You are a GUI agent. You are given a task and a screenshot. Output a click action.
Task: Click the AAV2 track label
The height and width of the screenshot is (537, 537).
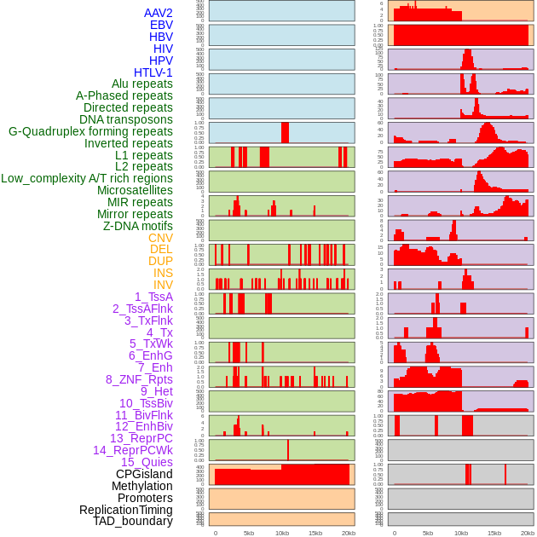click(158, 13)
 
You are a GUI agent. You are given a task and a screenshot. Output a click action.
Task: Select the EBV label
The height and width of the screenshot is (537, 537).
click(160, 25)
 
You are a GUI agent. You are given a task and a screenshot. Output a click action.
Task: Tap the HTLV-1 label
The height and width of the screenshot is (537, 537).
click(153, 72)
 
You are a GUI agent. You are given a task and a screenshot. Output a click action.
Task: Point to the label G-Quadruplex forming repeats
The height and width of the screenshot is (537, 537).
click(90, 131)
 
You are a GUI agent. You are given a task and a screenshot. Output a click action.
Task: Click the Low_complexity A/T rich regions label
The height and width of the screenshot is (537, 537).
click(87, 178)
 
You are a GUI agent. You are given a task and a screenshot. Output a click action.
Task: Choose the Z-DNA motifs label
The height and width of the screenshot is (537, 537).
click(137, 226)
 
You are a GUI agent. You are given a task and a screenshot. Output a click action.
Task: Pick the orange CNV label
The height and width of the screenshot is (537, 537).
click(160, 238)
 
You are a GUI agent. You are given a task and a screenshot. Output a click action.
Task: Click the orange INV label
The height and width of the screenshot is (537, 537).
click(163, 285)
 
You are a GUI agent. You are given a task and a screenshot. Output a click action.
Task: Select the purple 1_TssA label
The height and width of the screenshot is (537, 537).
click(153, 297)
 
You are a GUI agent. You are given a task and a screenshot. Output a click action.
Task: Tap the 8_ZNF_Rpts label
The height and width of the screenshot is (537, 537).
click(139, 379)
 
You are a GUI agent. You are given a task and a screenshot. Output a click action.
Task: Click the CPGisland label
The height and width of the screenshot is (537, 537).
click(144, 474)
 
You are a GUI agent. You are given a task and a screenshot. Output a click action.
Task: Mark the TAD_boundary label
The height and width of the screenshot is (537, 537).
click(132, 521)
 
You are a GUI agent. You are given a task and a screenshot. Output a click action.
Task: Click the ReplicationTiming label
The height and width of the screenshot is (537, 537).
click(125, 510)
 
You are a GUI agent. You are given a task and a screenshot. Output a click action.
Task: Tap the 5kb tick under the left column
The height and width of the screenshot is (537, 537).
click(248, 533)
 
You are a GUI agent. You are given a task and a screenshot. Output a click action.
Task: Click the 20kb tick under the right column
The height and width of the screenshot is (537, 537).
click(528, 533)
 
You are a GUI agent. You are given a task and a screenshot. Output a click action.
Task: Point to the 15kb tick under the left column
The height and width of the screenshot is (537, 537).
click(315, 533)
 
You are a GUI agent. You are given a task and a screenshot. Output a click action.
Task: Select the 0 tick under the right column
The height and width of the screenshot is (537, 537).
click(394, 533)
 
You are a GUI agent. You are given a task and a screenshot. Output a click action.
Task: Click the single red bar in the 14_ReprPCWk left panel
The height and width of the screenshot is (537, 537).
click(288, 450)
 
